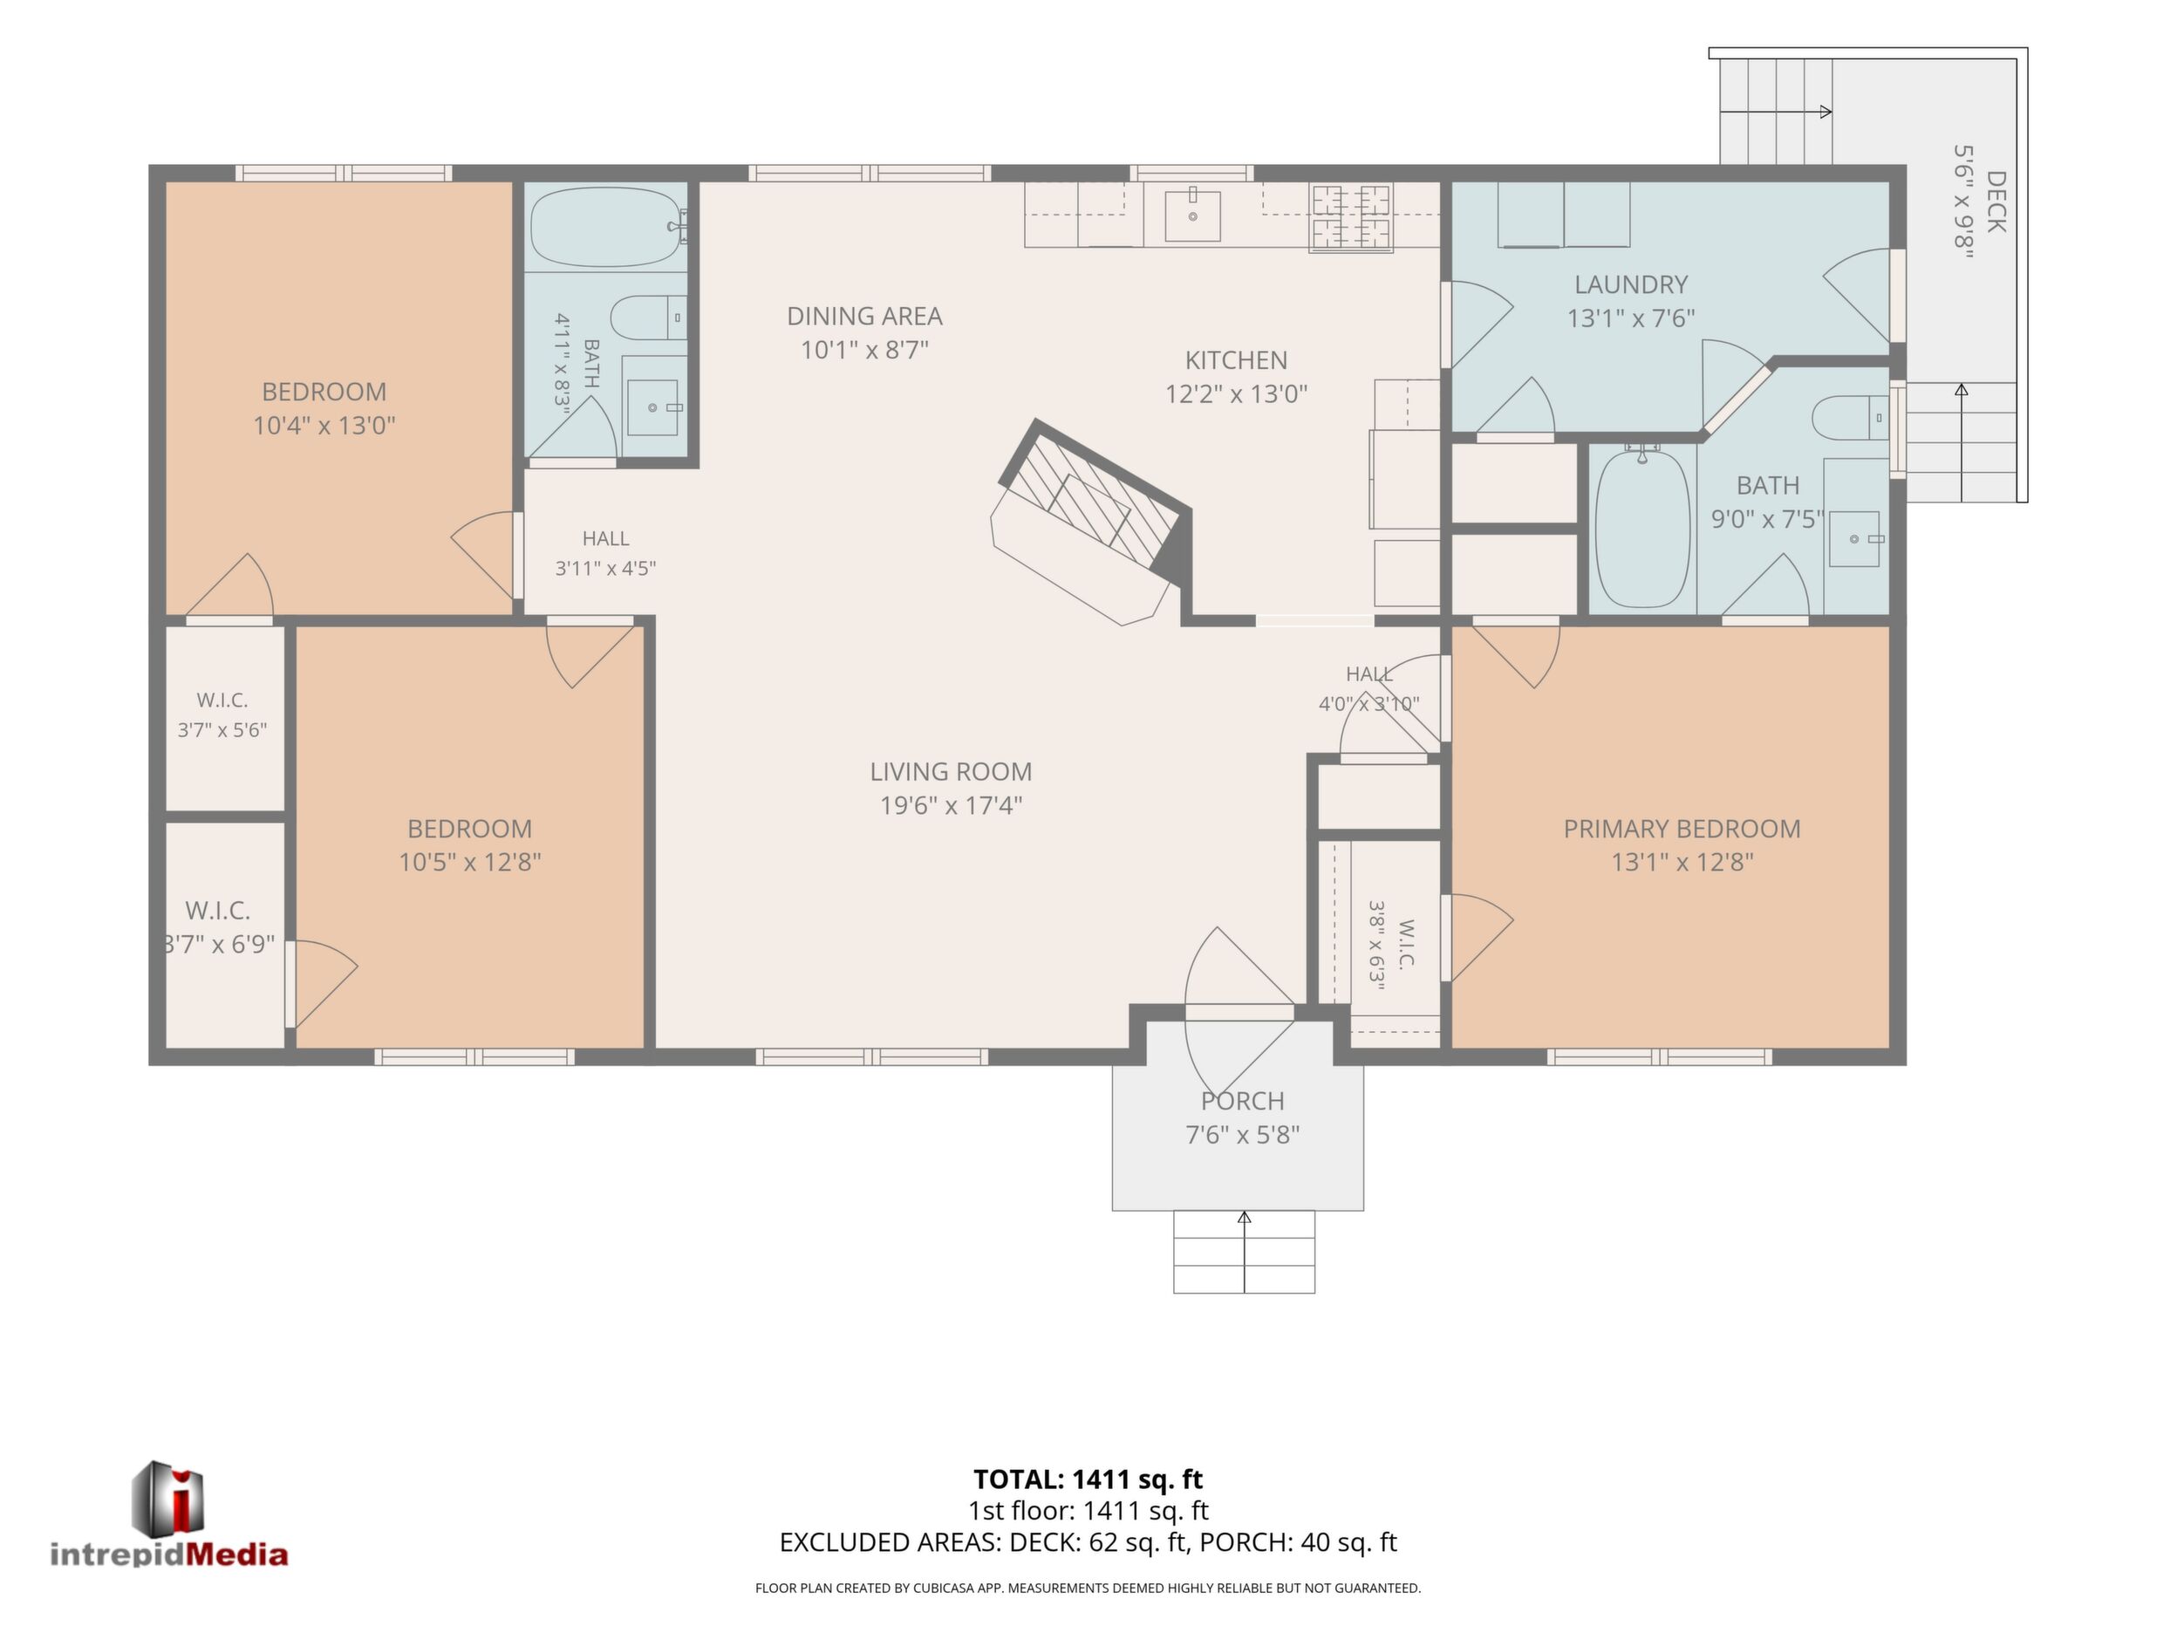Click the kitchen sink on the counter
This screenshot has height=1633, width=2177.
(x=1191, y=216)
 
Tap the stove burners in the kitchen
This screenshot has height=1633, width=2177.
(x=1350, y=217)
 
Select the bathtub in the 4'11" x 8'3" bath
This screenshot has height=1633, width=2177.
(x=607, y=228)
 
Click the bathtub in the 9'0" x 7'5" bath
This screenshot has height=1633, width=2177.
(x=1642, y=528)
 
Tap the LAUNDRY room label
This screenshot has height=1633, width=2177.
(x=1631, y=284)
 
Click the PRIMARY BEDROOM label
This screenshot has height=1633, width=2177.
(x=1682, y=829)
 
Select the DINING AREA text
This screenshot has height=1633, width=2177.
(x=864, y=316)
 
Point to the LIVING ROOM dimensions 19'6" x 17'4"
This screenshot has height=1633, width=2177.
(x=951, y=805)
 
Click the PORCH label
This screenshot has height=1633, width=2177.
(x=1242, y=1101)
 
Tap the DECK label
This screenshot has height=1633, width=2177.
(x=1995, y=202)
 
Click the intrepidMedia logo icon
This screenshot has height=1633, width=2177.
(x=168, y=1496)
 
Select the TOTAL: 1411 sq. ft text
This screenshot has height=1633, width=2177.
(x=1088, y=1479)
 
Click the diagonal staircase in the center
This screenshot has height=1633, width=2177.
(x=1093, y=521)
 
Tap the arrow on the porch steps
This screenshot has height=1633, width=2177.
(x=1244, y=1252)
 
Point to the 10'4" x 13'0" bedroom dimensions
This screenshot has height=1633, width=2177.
(x=324, y=425)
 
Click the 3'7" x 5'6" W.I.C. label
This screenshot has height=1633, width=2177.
(x=222, y=715)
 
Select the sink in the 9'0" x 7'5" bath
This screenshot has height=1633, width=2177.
(x=1854, y=539)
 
